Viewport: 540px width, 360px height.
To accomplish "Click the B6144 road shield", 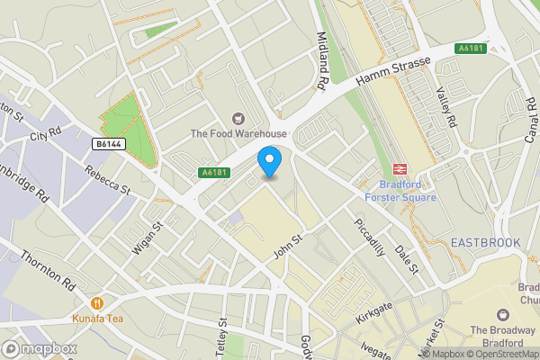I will (x=109, y=143).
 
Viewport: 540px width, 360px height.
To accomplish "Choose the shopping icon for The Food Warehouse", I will (x=238, y=118).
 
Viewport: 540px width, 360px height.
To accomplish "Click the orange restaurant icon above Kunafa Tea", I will (x=97, y=303).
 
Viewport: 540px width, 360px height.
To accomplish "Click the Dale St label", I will (x=408, y=256).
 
